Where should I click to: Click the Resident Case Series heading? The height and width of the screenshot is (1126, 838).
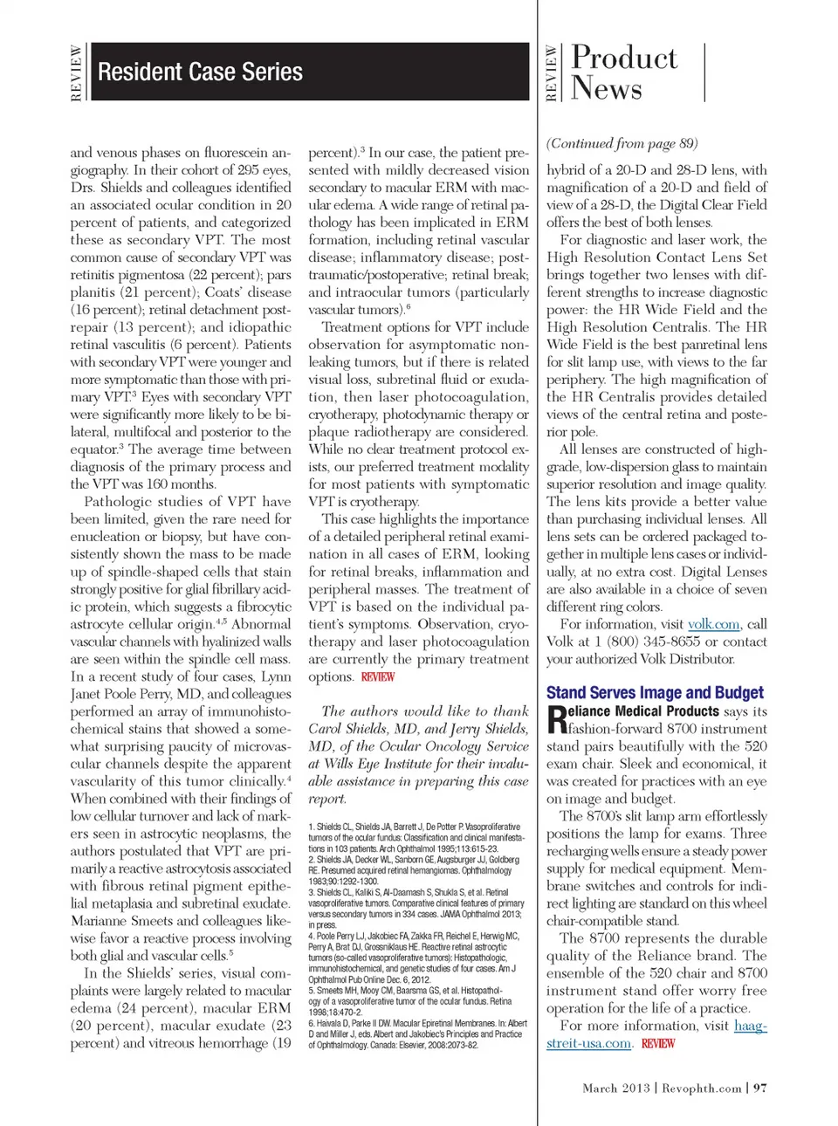click(200, 72)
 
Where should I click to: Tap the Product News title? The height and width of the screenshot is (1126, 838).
click(623, 73)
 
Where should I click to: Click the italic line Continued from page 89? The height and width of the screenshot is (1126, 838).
click(622, 143)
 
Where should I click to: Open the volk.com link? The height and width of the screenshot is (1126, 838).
click(714, 624)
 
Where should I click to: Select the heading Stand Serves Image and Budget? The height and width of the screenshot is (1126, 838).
click(655, 692)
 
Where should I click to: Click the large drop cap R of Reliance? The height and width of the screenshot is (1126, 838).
click(556, 719)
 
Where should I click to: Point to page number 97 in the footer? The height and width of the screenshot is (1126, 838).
click(760, 1088)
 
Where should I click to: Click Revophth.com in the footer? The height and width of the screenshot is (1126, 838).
click(701, 1088)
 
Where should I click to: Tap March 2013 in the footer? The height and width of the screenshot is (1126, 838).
click(616, 1088)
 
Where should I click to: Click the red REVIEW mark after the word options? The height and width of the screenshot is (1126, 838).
click(378, 676)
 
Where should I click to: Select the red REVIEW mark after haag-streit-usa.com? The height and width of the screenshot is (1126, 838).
click(658, 1043)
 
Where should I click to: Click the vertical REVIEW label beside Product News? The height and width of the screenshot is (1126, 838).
click(551, 73)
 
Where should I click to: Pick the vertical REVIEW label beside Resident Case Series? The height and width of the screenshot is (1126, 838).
click(76, 73)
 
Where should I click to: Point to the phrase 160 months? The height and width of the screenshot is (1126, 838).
click(168, 484)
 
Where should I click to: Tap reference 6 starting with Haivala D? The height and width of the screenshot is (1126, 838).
click(417, 1033)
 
